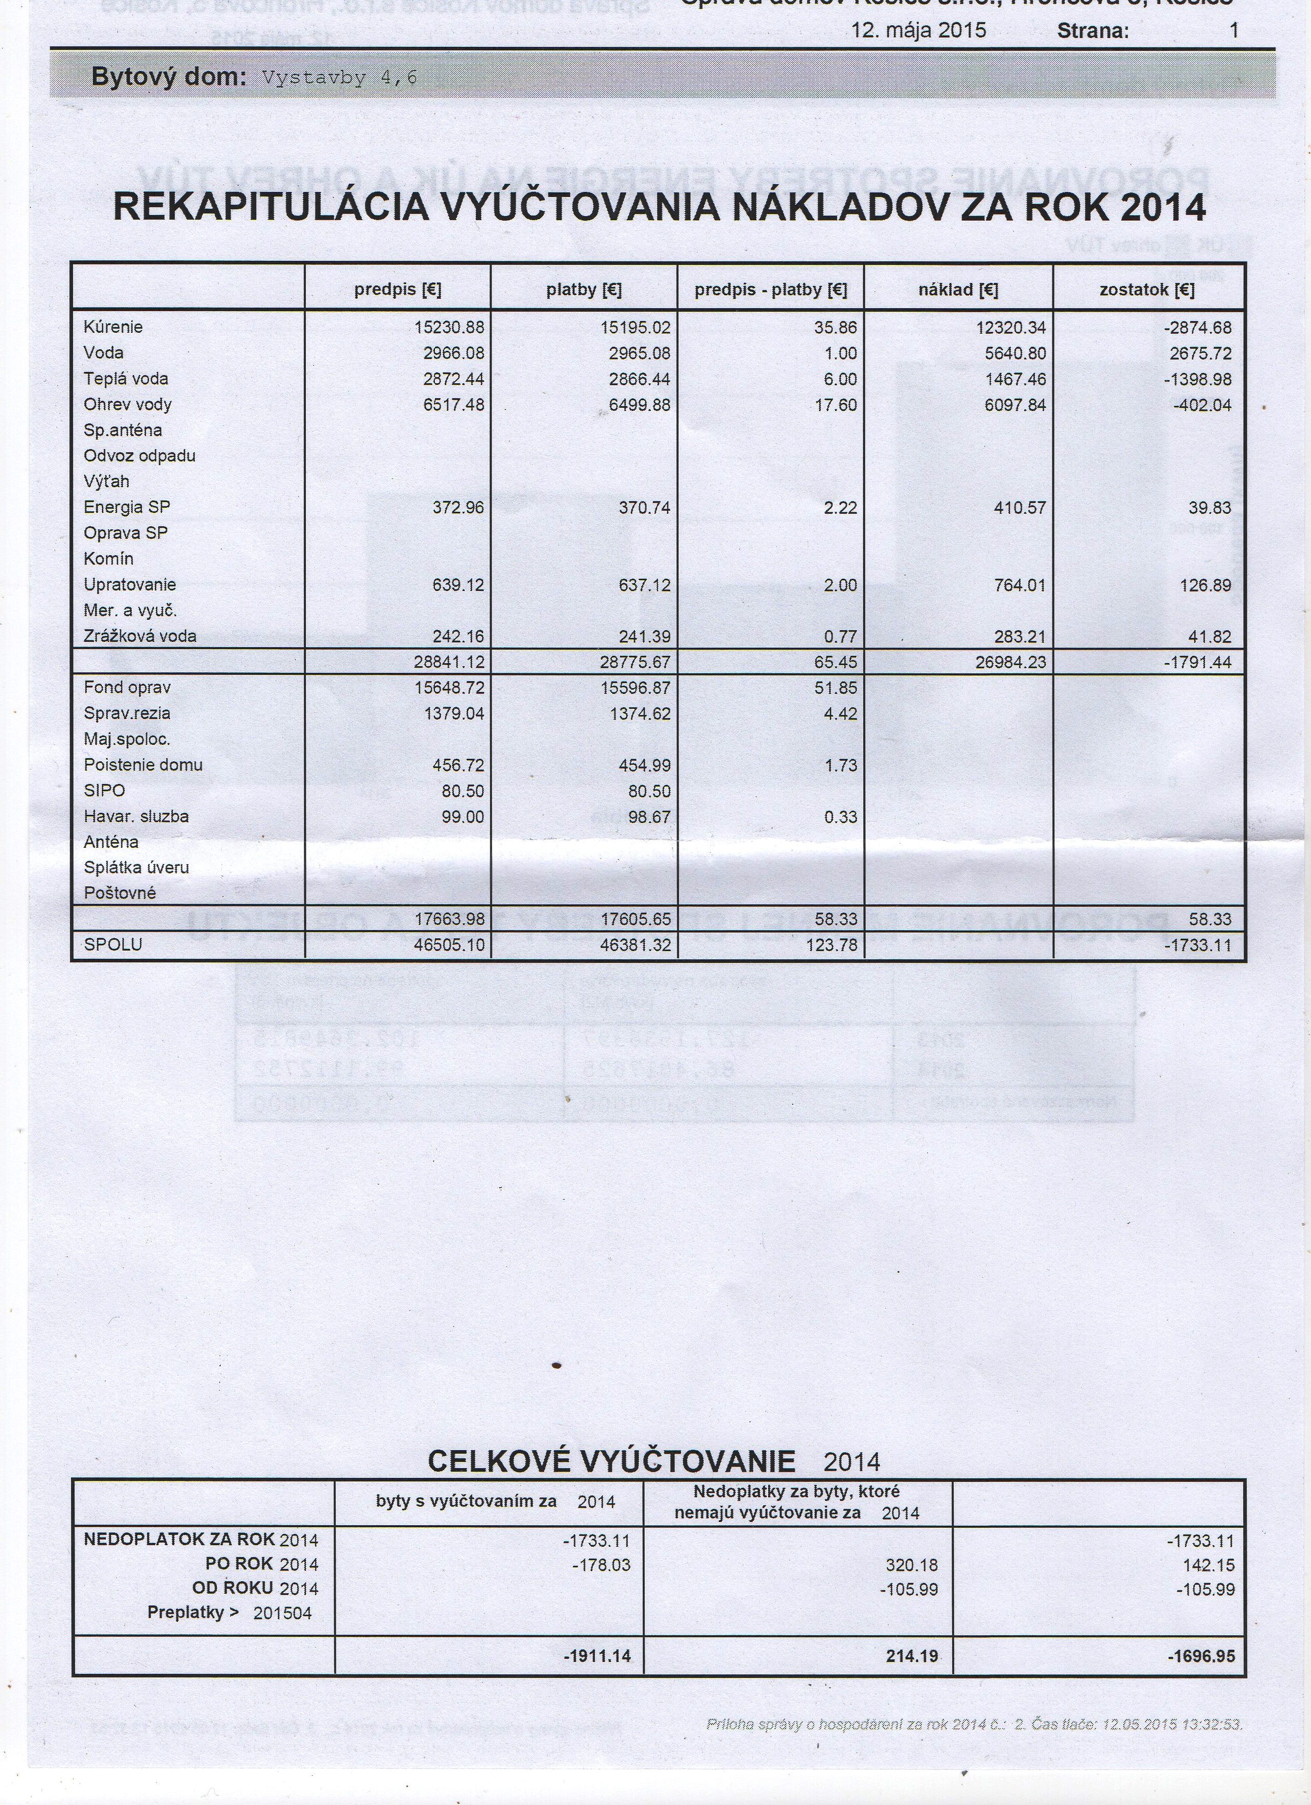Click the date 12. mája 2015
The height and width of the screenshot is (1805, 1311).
[x=918, y=31]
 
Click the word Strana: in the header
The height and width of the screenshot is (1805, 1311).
[x=1093, y=32]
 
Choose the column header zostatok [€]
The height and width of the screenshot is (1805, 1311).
[x=1147, y=290]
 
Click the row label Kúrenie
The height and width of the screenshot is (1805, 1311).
[x=113, y=327]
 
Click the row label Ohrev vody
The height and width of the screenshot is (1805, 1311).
[x=128, y=404]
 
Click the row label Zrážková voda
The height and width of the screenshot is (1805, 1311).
[x=140, y=636]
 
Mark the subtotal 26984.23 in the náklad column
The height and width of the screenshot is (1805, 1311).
[x=1010, y=662]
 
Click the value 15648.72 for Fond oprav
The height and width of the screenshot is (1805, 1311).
[x=449, y=688]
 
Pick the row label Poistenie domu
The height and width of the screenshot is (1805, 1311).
[x=143, y=765]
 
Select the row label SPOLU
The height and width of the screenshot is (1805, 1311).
[x=113, y=945]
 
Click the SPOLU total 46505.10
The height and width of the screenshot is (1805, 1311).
[x=449, y=945]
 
